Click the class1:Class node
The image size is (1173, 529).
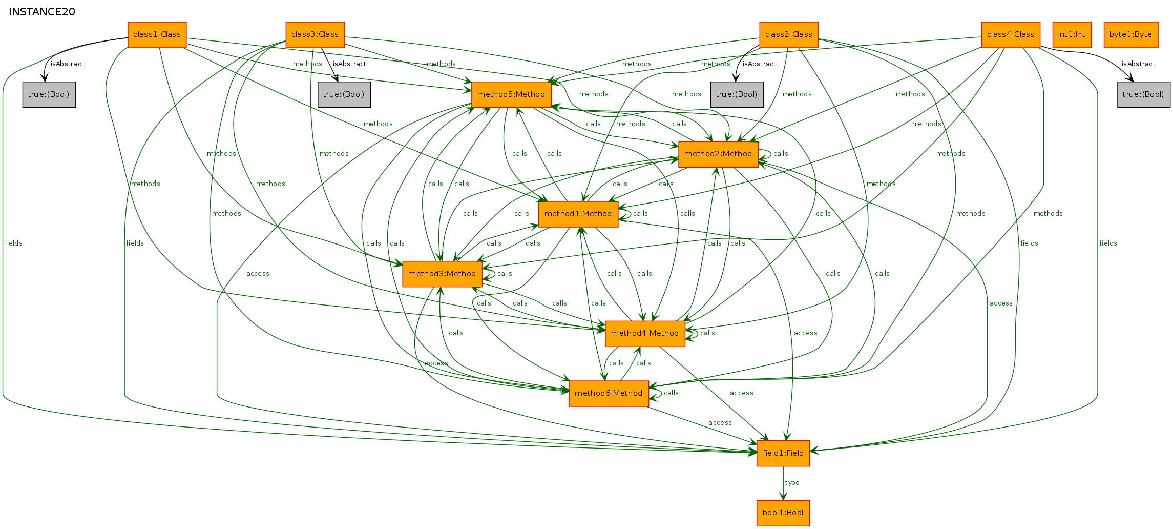coord(157,35)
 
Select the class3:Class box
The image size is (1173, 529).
coord(315,35)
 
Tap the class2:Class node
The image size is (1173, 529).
coord(789,35)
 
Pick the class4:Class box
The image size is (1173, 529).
coord(1011,35)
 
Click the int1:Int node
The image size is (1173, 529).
coord(1072,35)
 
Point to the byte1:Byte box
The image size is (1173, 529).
coord(1130,35)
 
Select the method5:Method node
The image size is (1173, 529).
coord(511,95)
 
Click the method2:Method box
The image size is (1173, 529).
coord(718,154)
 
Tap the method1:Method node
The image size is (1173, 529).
coord(578,214)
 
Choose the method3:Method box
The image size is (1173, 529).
coord(442,274)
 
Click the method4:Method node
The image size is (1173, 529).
coord(645,334)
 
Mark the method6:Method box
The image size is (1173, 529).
coord(609,394)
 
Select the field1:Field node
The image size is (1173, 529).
coord(783,454)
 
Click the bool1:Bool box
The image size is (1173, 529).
coord(783,513)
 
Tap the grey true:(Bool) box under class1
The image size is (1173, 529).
coord(49,95)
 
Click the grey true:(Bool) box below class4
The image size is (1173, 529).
coord(1143,95)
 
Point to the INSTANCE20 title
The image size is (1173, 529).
coord(42,12)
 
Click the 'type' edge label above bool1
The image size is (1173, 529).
coord(792,483)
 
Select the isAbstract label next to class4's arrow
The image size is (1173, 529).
coord(1138,64)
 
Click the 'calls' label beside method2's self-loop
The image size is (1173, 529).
coord(781,154)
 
